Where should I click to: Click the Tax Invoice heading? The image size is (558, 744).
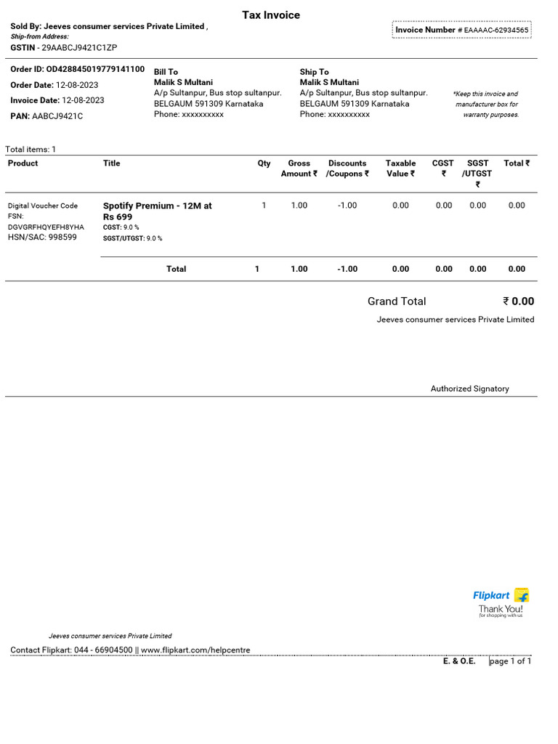[270, 15]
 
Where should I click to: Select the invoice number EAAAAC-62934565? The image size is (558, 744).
[496, 31]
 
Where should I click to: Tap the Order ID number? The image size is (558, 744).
[95, 70]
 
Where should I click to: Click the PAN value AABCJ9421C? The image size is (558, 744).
[57, 116]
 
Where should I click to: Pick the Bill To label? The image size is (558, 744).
[166, 72]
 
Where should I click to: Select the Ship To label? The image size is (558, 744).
[314, 72]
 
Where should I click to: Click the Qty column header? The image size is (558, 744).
[264, 163]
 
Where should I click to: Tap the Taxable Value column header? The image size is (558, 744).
[400, 169]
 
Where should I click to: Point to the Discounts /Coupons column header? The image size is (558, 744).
[347, 169]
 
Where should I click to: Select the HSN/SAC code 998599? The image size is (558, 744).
[62, 238]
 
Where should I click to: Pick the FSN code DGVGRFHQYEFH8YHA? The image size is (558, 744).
[46, 227]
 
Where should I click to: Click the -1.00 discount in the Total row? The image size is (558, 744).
[347, 270]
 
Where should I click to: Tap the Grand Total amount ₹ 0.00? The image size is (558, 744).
[518, 302]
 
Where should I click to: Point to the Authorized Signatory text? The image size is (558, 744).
[469, 389]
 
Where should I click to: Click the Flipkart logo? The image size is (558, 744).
[501, 596]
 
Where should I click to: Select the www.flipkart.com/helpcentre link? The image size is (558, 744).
[195, 650]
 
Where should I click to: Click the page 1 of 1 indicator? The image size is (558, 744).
[510, 662]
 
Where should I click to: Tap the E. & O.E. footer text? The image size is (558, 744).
[459, 662]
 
